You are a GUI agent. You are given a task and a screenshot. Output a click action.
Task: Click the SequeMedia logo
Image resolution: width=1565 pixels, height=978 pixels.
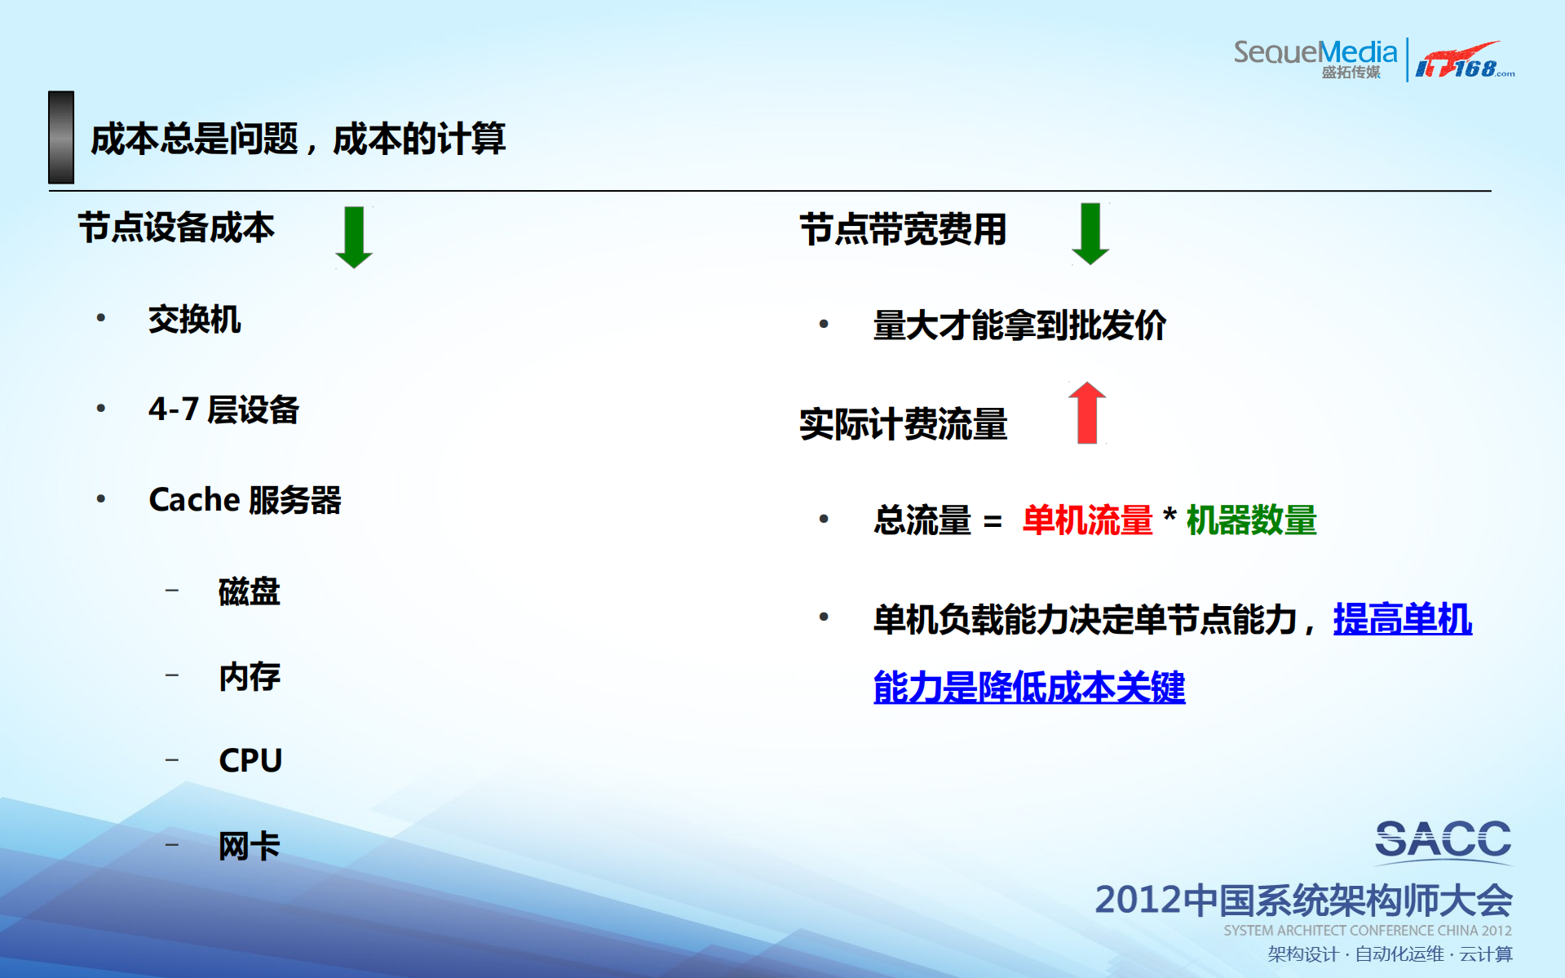coord(1315,58)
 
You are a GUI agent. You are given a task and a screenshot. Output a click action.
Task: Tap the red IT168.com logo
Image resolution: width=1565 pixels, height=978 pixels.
coord(1464,61)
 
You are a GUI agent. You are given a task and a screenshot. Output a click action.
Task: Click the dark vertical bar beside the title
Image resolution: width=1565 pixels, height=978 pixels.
coord(61,137)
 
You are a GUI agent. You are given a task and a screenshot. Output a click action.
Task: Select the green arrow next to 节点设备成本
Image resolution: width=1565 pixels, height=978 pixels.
coord(354,237)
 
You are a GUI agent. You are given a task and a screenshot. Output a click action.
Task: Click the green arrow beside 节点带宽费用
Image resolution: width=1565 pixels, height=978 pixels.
coord(1090,233)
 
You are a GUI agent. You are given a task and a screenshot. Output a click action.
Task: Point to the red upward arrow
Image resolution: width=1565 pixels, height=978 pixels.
coord(1087,413)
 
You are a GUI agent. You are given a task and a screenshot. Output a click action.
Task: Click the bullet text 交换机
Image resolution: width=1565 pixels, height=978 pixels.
coord(194,319)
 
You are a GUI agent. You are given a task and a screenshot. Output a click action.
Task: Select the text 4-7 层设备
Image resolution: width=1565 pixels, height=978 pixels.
coord(223,409)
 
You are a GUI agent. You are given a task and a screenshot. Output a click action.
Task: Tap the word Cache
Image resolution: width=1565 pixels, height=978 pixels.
coord(194,499)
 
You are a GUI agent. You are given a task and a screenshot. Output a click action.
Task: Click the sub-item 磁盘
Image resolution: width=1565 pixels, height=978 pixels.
coord(249,591)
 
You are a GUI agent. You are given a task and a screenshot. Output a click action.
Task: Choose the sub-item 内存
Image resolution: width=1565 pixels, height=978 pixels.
coord(249,676)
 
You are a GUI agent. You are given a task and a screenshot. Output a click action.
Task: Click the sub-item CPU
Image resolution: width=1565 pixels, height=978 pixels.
coord(250,760)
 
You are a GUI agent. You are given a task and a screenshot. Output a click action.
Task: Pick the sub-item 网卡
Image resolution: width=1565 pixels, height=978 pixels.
coord(249,846)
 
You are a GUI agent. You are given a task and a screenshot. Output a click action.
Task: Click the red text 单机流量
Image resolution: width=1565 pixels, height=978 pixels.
coord(1087,520)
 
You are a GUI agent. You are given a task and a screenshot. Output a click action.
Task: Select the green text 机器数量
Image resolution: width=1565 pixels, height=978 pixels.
coord(1251,520)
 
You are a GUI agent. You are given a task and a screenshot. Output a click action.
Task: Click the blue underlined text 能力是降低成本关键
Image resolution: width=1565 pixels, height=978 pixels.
coord(1028,687)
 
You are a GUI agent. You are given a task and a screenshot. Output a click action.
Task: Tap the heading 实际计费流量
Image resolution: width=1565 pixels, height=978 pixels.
coord(903,424)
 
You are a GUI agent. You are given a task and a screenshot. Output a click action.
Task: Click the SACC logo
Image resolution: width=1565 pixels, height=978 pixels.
coord(1443,840)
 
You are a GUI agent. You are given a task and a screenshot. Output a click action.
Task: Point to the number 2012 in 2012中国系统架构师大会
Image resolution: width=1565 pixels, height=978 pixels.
coord(1138,900)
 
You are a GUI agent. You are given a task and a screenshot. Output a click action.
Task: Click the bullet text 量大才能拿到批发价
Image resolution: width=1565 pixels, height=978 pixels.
coord(1019,325)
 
